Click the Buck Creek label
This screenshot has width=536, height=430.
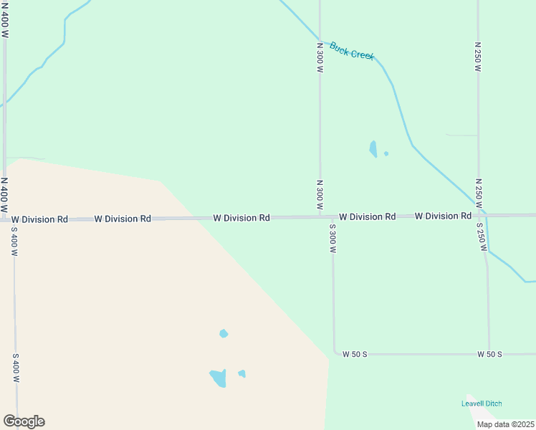352,52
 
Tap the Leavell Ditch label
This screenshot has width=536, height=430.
482,403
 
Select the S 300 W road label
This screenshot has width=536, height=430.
332,239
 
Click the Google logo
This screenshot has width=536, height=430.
24,421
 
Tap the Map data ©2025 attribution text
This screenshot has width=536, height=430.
505,424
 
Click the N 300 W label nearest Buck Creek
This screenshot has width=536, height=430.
320,57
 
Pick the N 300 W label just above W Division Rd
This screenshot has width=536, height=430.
320,193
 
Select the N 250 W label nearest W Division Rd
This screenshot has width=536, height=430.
477,193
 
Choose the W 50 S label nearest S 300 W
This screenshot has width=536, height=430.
355,354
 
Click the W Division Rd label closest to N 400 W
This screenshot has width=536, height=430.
39,219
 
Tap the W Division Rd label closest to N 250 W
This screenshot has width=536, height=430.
443,216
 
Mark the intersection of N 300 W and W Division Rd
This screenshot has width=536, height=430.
320,216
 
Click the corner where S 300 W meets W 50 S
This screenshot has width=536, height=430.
334,353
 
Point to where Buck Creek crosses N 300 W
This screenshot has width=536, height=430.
320,42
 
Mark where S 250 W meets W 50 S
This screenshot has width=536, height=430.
489,354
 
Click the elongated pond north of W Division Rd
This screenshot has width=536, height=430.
373,149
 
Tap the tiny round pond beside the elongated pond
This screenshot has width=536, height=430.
386,153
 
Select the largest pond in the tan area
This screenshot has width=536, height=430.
218,377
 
